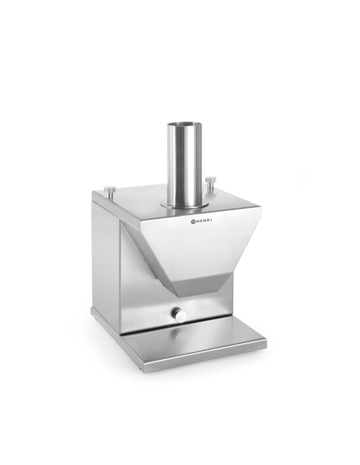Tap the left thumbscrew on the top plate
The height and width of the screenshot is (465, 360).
click(110, 192)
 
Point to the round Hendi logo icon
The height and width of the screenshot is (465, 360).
click(192, 222)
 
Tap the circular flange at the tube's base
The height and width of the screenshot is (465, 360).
click(184, 204)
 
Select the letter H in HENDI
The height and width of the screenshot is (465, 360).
click(197, 222)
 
